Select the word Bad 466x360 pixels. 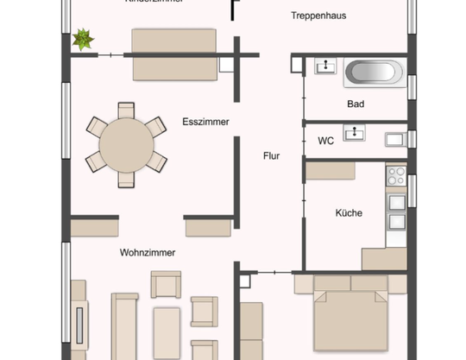[356, 104]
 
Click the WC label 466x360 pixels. [325, 140]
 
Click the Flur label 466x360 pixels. [272, 156]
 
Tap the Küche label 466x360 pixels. [349, 212]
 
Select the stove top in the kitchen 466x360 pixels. [395, 175]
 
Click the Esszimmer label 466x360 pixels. [205, 123]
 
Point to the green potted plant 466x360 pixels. [84, 39]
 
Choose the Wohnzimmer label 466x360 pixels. [148, 253]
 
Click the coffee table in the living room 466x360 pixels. [166, 332]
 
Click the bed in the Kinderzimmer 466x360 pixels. [173, 54]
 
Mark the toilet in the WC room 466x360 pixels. [396, 138]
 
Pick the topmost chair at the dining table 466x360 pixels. [126, 111]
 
